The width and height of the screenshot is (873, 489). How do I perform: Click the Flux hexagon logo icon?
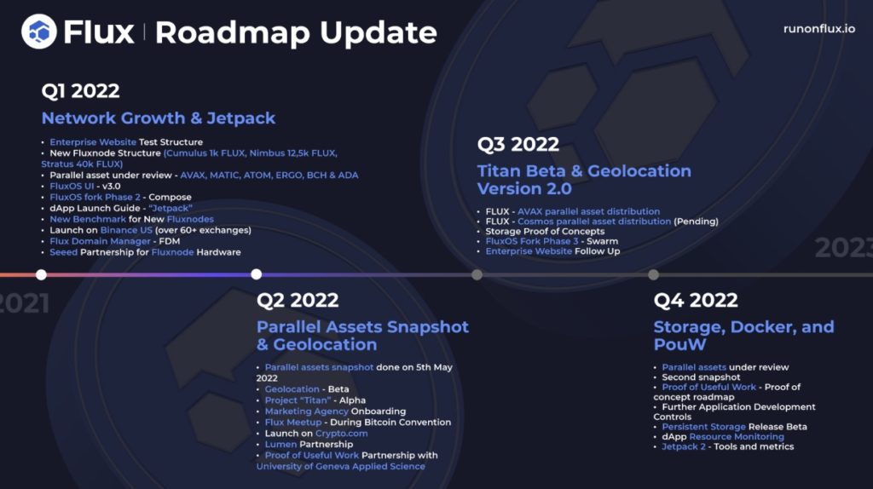[39, 32]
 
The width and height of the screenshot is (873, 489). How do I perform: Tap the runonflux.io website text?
[819, 29]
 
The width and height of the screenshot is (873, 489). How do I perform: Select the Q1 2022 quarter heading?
[80, 90]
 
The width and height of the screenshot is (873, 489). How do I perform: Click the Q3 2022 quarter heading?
[517, 144]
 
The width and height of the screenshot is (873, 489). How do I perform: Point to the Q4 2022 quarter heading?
[696, 301]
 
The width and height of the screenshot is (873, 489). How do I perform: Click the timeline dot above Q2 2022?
[256, 274]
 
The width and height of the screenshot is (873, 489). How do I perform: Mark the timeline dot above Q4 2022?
[654, 274]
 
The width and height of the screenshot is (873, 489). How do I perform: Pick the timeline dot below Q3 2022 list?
[477, 274]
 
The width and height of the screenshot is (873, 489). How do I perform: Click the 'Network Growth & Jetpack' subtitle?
[158, 118]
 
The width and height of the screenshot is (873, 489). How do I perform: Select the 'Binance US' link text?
[126, 230]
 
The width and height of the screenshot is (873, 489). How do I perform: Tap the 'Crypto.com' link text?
[341, 434]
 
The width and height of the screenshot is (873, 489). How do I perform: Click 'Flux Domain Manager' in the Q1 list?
[101, 241]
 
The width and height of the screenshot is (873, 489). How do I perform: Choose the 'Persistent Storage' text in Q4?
[703, 427]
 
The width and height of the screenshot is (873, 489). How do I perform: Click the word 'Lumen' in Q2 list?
[280, 444]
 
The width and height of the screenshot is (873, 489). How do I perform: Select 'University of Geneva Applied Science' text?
[341, 466]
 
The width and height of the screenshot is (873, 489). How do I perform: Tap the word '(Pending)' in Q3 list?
[696, 221]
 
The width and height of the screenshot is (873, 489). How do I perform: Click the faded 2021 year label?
[25, 304]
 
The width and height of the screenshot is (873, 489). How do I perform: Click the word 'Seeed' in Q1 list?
[63, 252]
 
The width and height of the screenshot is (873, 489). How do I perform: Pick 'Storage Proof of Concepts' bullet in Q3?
[545, 232]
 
